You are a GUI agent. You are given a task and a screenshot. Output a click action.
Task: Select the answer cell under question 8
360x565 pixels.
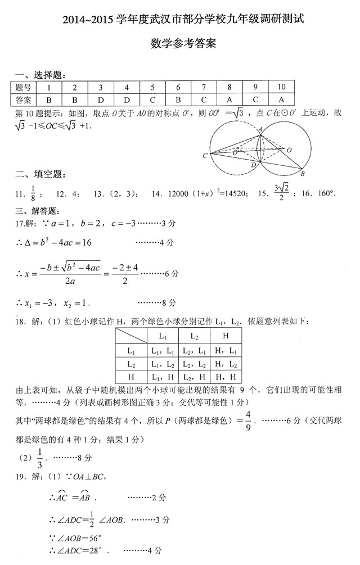[229, 99]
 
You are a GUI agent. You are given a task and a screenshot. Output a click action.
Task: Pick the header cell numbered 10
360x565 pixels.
[281, 87]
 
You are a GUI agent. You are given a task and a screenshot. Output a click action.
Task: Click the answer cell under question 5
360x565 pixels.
[152, 99]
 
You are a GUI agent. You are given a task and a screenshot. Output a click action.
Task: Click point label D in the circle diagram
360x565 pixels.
[253, 165]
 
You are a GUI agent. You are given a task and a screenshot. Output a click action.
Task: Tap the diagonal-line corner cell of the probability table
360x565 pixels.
[130, 336]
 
